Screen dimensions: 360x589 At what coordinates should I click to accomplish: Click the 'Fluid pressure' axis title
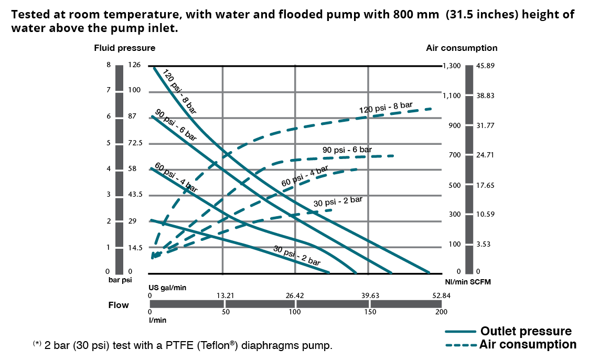(x=124, y=48)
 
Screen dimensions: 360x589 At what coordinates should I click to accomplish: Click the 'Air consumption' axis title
(x=462, y=48)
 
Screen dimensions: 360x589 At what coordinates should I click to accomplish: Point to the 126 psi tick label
(x=135, y=65)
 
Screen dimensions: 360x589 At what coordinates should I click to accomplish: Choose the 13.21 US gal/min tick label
(x=225, y=296)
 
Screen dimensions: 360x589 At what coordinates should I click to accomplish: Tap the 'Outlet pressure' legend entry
(x=526, y=331)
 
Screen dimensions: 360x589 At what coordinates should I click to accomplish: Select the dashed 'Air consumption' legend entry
(x=528, y=345)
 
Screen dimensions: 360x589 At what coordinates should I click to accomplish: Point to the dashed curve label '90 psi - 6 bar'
(x=347, y=150)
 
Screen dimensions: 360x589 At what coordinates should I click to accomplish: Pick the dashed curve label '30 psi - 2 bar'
(x=338, y=201)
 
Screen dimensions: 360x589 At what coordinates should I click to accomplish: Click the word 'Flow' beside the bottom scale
(x=119, y=305)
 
